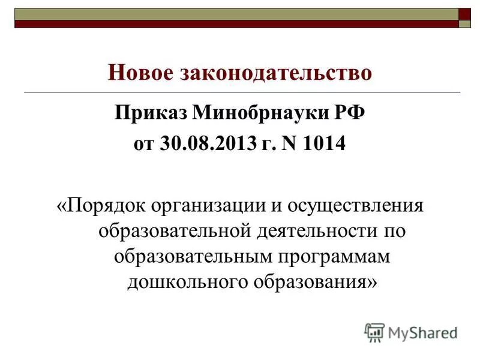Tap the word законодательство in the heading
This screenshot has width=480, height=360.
pyautogui.click(x=275, y=73)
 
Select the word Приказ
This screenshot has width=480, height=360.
pyautogui.click(x=151, y=112)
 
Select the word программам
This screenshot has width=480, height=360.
pyautogui.click(x=326, y=256)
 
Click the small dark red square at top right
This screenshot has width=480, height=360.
pyautogui.click(x=465, y=14)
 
